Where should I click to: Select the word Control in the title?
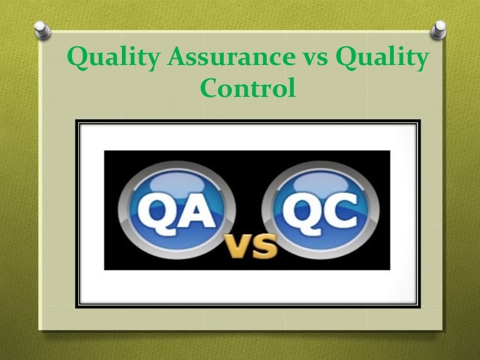point(247,89)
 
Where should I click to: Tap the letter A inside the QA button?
point(201,206)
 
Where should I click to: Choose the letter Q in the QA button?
point(154,206)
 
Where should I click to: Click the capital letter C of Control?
point(209,89)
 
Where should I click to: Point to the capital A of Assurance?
point(178,59)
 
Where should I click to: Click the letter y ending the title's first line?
point(422,62)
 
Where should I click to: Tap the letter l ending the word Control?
point(291,87)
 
